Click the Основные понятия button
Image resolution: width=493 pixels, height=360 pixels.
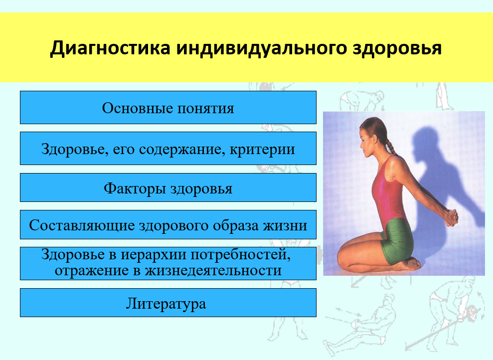tap(168, 108)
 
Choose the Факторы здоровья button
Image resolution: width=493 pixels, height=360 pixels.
tap(168, 187)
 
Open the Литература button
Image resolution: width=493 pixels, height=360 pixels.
tap(168, 303)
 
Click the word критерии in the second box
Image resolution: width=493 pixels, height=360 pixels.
tap(262, 150)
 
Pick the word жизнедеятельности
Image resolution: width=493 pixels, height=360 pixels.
tap(213, 271)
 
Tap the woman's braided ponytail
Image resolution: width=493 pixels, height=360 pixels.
tap(390, 146)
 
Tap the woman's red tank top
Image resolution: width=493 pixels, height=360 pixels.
tap(388, 192)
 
